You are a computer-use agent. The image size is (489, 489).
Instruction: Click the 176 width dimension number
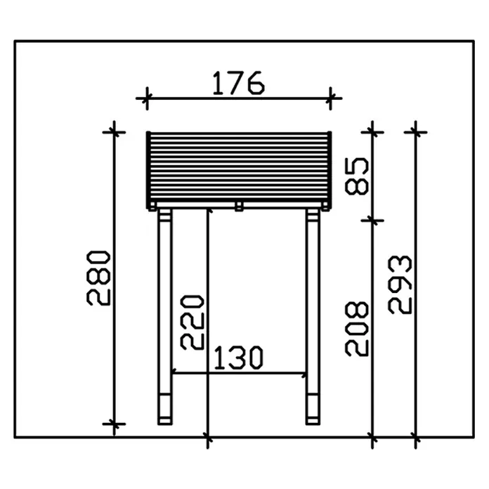click(x=239, y=84)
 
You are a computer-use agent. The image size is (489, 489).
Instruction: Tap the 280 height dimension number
click(x=98, y=278)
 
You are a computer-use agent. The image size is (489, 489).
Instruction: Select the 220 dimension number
click(x=193, y=322)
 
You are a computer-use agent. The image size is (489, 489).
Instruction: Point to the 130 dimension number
click(x=239, y=358)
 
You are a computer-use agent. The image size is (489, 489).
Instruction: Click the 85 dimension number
click(x=357, y=176)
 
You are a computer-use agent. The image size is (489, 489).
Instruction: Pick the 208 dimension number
click(x=357, y=329)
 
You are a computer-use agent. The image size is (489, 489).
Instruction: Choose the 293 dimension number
click(x=400, y=285)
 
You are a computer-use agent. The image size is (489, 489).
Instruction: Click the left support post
click(x=165, y=316)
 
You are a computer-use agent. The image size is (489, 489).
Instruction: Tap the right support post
click(x=313, y=316)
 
